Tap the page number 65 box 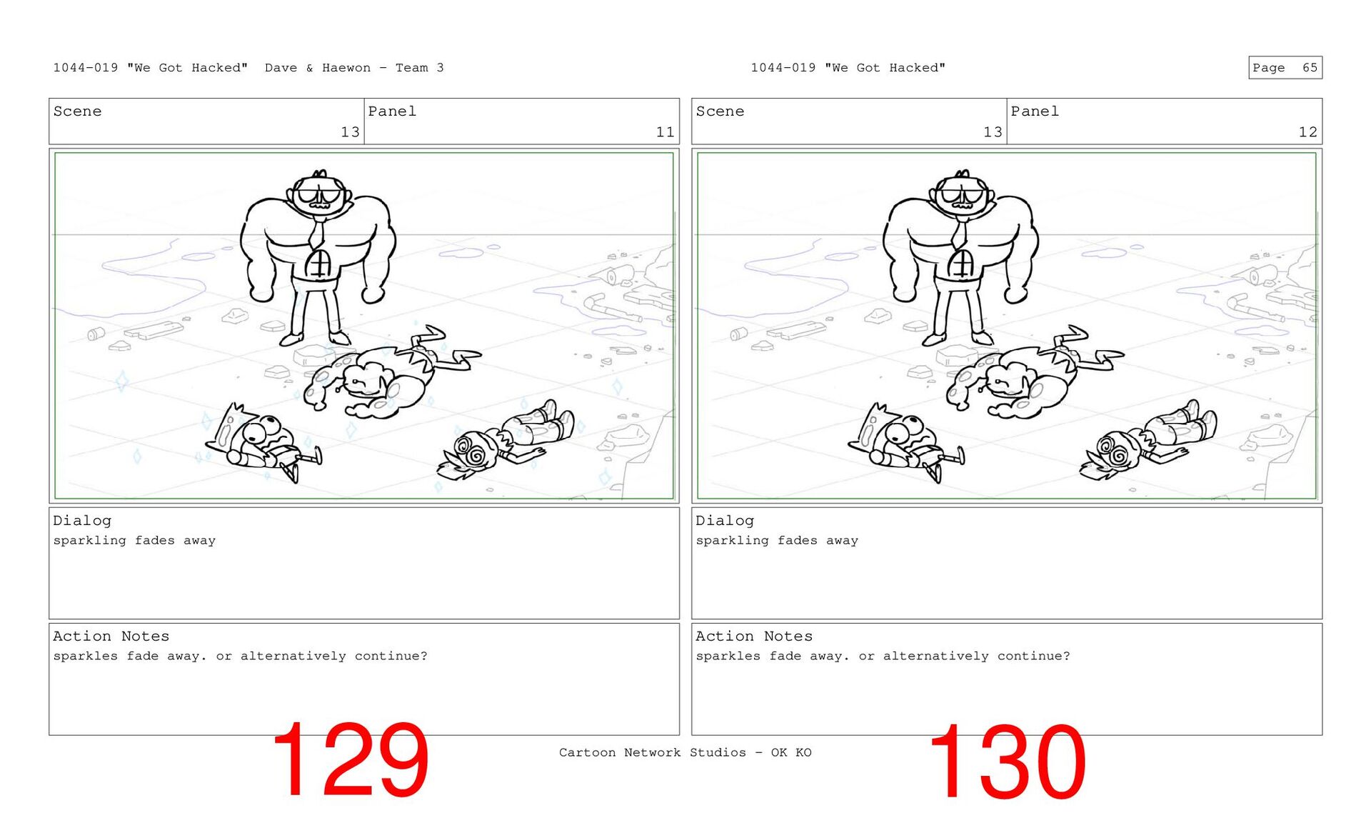tap(1285, 68)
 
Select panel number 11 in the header tap(665, 132)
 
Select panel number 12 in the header tap(1307, 132)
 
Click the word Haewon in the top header tap(346, 68)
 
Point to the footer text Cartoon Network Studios tap(652, 752)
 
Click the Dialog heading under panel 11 tap(82, 521)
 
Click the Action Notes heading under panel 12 tap(753, 636)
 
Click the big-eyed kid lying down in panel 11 tap(261, 443)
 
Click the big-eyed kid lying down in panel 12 tap(903, 443)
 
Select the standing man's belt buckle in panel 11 tap(318, 265)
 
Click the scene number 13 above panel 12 tap(993, 132)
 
